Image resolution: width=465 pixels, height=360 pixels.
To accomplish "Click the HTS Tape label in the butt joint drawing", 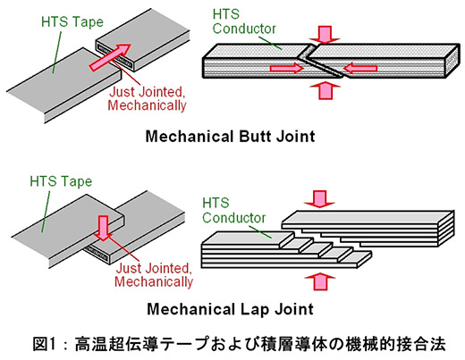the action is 72,22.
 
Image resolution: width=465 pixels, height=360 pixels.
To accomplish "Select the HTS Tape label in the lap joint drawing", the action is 61,181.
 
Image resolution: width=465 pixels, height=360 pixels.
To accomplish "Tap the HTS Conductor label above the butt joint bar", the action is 244,21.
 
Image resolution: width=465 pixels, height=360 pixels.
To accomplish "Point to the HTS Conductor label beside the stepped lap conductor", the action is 233,210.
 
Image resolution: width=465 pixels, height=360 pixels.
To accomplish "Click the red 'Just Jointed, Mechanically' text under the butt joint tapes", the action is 147,98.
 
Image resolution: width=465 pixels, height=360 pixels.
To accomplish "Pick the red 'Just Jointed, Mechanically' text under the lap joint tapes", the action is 154,275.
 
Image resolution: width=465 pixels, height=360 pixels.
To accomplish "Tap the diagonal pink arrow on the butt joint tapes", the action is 110,57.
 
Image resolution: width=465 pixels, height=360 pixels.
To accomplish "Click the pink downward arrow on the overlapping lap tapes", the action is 103,228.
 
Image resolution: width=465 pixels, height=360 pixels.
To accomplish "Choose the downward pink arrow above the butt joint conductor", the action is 325,35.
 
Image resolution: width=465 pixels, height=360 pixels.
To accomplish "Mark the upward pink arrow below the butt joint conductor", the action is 325,91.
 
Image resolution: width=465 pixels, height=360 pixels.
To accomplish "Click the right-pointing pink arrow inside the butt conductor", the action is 286,68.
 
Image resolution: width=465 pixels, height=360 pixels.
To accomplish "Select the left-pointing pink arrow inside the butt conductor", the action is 360,68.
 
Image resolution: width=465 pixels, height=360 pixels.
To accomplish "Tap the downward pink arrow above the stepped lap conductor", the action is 319,199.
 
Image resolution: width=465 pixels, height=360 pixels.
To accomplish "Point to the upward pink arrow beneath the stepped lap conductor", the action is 320,281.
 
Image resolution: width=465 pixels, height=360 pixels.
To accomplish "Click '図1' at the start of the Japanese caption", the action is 44,344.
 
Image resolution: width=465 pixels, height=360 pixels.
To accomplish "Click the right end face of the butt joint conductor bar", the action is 452,61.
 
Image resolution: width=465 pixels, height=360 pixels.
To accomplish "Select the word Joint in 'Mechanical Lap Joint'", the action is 294,309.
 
